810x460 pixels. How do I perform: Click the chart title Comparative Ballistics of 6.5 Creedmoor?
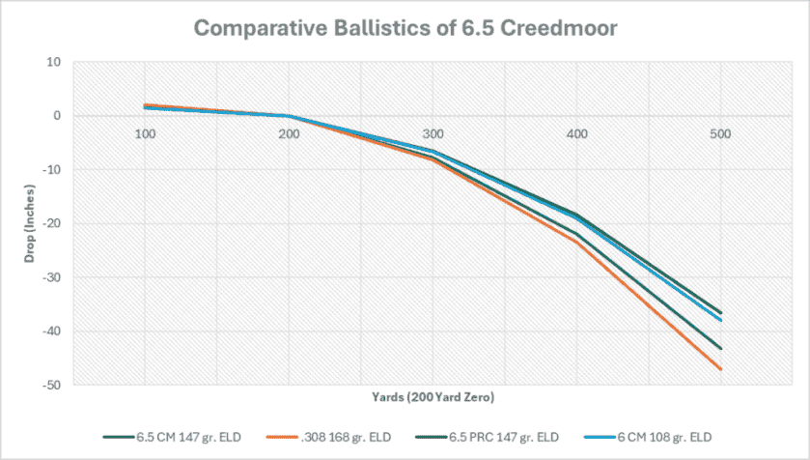click(405, 27)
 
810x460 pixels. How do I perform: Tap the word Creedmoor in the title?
click(554, 27)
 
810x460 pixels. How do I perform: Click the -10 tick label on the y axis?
click(50, 170)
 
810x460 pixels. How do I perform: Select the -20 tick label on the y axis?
click(50, 224)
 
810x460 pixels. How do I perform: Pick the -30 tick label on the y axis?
click(50, 278)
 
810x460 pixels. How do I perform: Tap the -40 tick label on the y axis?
click(50, 331)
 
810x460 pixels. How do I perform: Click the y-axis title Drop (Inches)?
click(21, 224)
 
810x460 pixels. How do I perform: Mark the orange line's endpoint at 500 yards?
click(721, 369)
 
